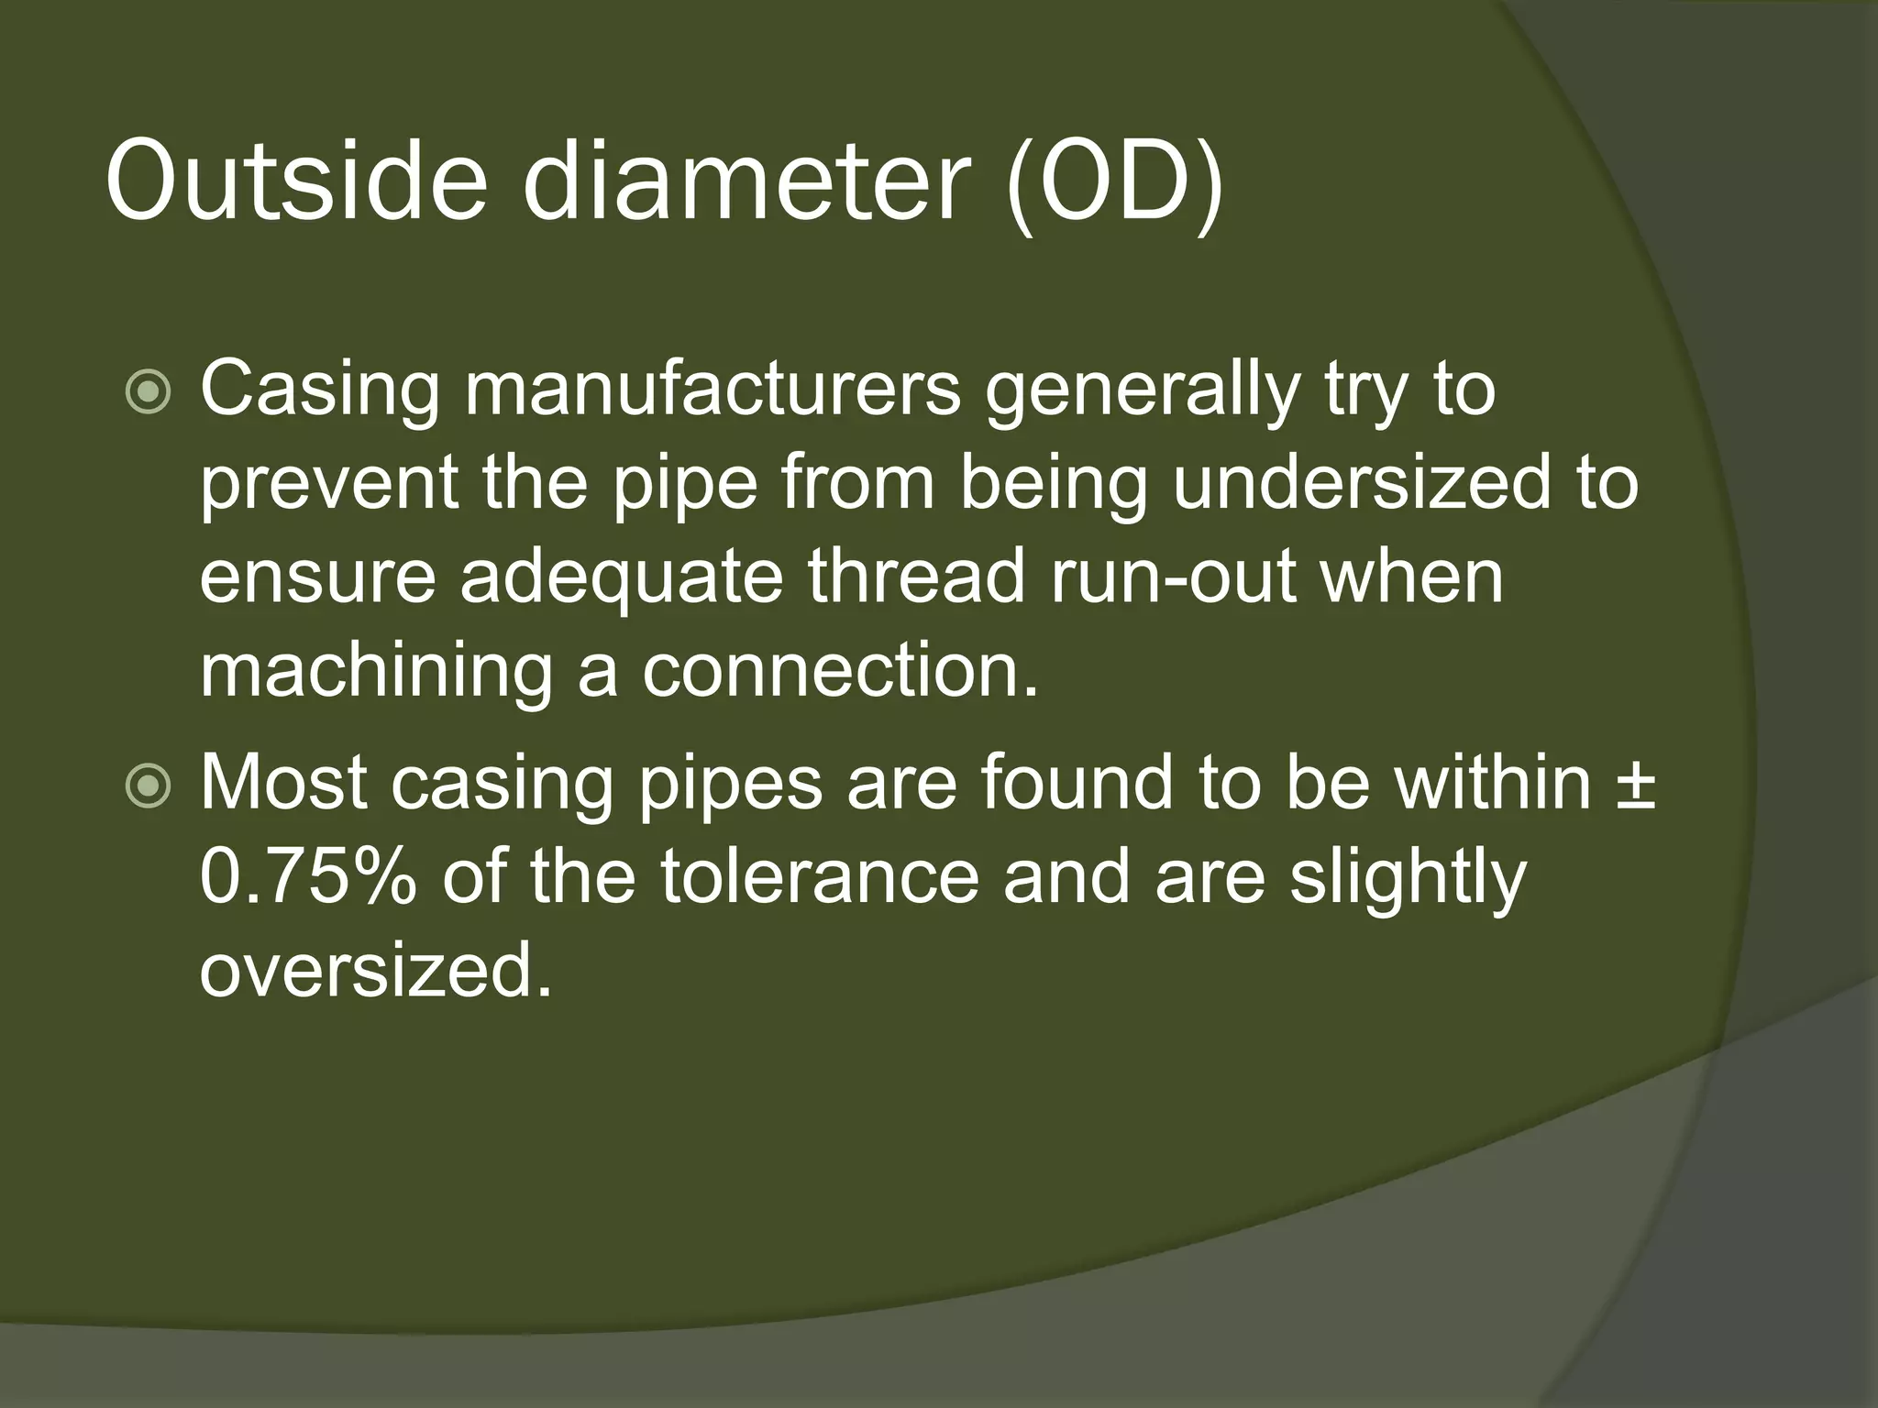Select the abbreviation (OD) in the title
coord(1114,183)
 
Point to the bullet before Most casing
coord(148,787)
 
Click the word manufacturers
coord(713,389)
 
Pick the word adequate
coord(622,580)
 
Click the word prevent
coord(328,486)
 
